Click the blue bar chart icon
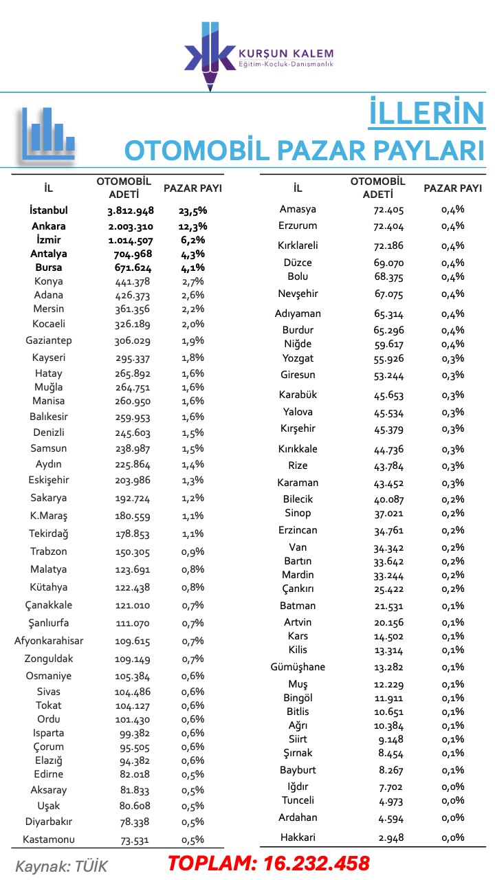tap(47, 135)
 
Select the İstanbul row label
tap(49, 210)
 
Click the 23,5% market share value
tap(192, 210)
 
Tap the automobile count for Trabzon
tap(132, 551)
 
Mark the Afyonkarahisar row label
tap(49, 641)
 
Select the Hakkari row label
tap(298, 837)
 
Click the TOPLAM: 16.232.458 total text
tap(269, 863)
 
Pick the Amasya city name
tap(298, 209)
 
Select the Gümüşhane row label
tap(298, 667)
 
